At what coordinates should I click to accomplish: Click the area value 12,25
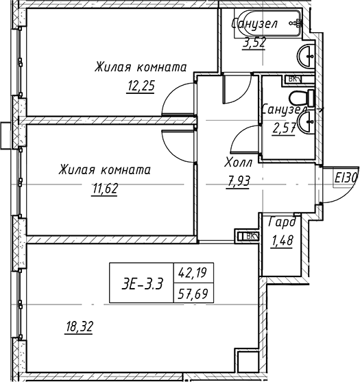141,86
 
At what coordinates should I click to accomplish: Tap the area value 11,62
105,189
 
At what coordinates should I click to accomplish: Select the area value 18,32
79,326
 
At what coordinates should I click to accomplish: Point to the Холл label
239,163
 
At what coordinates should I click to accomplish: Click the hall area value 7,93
238,181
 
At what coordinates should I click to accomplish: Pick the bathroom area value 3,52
254,43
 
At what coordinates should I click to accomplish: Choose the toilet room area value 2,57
285,128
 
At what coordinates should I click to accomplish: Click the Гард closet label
283,222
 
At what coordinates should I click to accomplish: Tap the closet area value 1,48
282,240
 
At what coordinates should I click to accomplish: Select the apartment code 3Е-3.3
142,284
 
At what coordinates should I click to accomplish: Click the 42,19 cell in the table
193,272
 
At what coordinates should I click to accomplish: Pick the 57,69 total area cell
193,294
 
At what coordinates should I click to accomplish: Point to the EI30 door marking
346,178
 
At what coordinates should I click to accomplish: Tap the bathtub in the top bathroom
268,24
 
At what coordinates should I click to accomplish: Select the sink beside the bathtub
306,56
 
